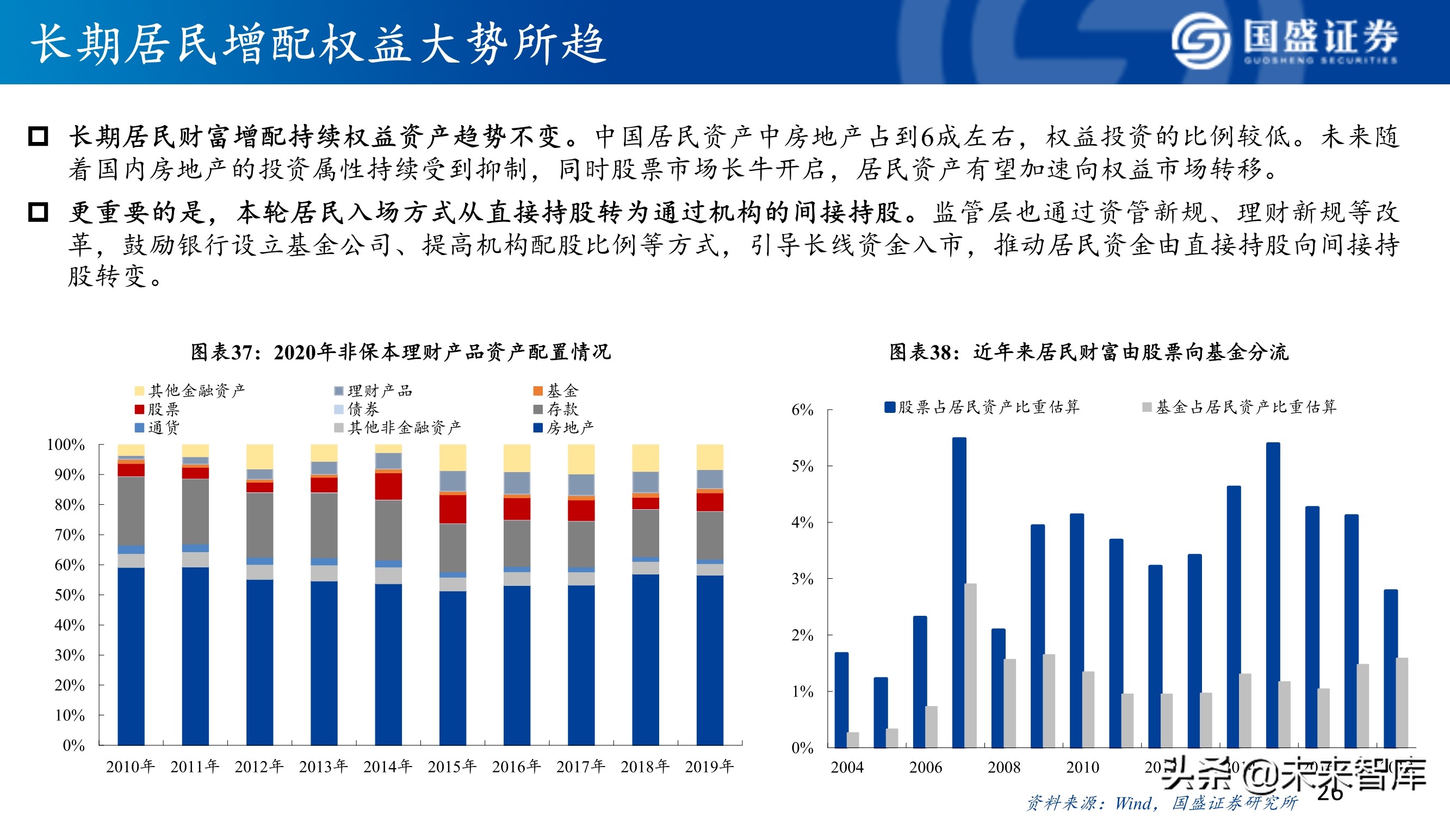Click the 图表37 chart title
(x=400, y=352)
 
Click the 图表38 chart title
(x=1088, y=352)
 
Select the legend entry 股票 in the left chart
(x=157, y=409)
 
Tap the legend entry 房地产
(x=563, y=428)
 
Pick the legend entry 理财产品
(x=373, y=391)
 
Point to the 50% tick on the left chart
(x=69, y=595)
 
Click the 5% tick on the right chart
(x=802, y=466)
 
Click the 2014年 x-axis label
(x=388, y=766)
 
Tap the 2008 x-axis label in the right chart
(x=1003, y=767)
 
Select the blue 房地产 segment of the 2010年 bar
(x=131, y=656)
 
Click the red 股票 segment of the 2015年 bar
(x=452, y=509)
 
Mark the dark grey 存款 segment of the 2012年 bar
(x=259, y=525)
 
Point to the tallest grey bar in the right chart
(x=970, y=665)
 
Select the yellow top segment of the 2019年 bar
(x=709, y=457)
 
